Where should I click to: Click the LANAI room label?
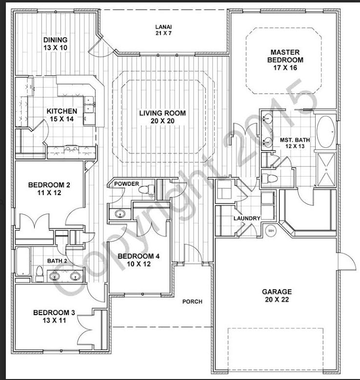point(163,27)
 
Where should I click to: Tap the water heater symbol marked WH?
point(271,230)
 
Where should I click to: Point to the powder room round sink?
point(120,213)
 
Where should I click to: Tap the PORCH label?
point(192,301)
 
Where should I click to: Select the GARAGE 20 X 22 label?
point(276,296)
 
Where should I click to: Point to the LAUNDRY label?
point(246,218)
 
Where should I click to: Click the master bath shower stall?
point(326,169)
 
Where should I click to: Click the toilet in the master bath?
point(269,177)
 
